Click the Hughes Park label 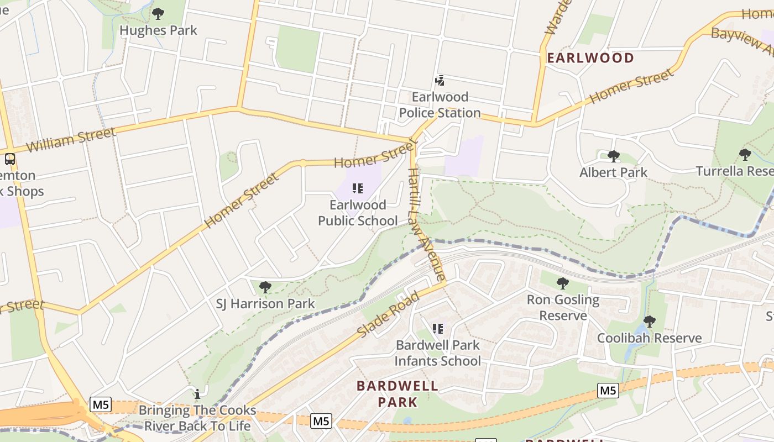158,30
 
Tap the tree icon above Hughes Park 158,13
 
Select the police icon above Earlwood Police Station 440,81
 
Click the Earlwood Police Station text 440,105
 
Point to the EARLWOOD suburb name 590,58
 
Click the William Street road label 71,139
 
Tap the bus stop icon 9,159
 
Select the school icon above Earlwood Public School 358,189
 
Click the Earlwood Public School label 358,213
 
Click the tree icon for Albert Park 613,156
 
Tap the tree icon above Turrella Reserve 745,154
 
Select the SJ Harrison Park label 265,303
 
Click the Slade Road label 388,314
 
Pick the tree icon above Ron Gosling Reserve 563,283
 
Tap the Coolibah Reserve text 649,338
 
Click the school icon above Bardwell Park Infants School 438,329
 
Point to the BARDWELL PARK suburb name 397,393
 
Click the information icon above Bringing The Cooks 197,394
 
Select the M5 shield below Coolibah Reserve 608,391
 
